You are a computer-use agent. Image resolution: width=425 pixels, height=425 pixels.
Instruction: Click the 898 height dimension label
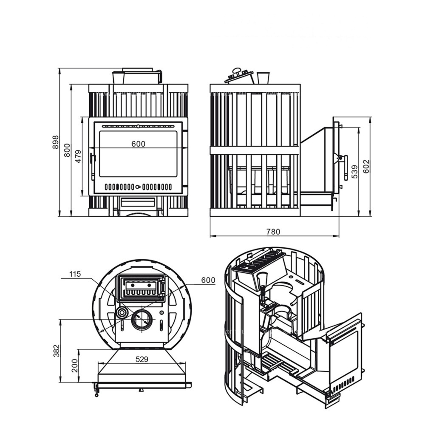click(55, 142)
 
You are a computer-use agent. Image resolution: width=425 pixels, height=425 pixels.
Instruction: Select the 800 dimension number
click(67, 150)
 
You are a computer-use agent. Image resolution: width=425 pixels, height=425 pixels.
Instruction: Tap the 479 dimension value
click(78, 156)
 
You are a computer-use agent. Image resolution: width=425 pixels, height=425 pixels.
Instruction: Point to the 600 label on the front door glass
click(138, 144)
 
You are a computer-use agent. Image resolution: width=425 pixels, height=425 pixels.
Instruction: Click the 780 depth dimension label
click(273, 232)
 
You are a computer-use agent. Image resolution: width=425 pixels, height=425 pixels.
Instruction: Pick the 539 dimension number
click(354, 172)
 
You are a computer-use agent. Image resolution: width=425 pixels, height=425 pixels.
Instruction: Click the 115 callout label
click(75, 274)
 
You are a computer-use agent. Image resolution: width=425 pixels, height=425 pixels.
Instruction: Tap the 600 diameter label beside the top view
click(208, 280)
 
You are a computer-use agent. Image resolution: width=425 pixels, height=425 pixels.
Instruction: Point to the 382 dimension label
click(56, 351)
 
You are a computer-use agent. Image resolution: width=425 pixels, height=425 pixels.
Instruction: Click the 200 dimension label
click(75, 365)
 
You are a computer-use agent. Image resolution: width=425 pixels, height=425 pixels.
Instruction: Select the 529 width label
click(142, 360)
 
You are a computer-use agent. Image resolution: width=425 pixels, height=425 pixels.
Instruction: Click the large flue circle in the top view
click(142, 319)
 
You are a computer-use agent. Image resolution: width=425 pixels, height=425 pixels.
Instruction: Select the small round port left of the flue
click(122, 313)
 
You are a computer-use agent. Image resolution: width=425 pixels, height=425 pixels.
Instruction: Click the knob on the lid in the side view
click(237, 71)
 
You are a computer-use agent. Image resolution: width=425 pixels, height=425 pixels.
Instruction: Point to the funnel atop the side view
click(263, 78)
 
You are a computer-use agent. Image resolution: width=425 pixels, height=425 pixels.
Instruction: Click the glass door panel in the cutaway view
click(343, 357)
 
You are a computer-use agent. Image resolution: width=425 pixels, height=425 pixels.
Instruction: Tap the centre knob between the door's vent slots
click(138, 187)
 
